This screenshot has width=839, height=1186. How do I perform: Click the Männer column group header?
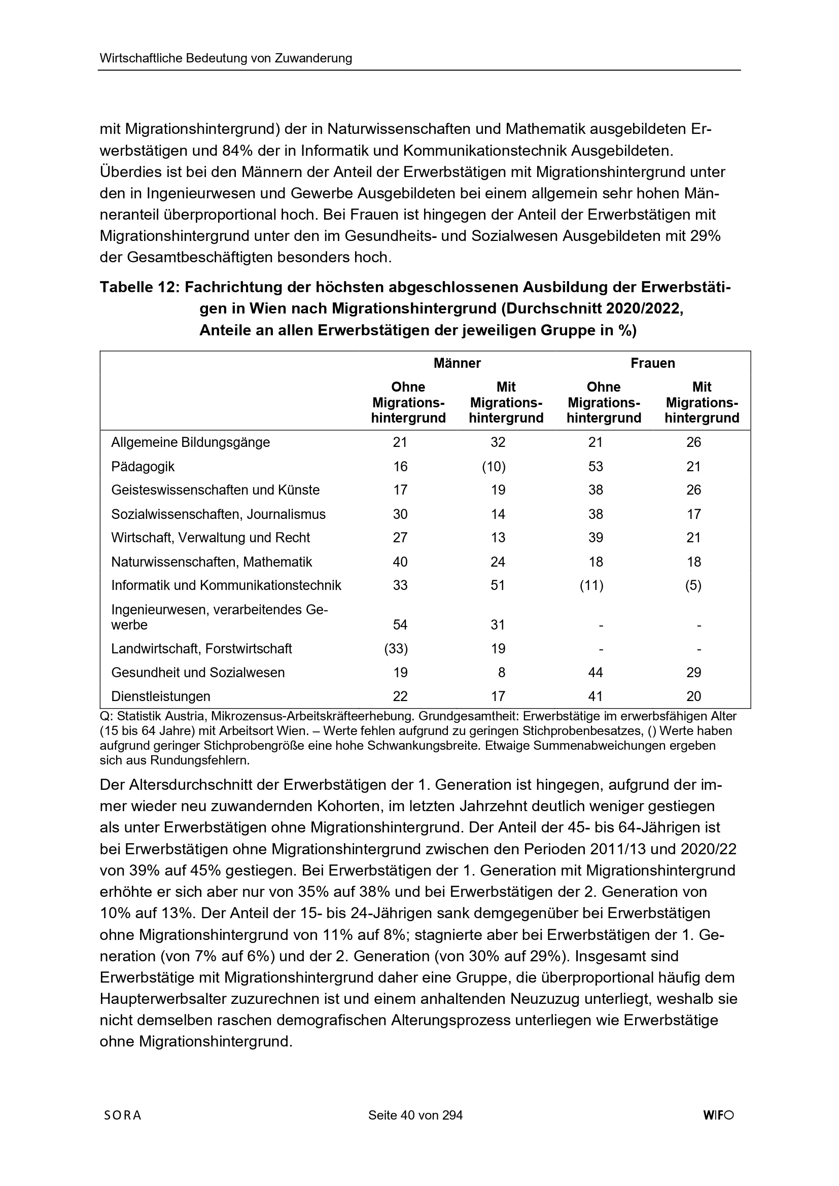pyautogui.click(x=457, y=363)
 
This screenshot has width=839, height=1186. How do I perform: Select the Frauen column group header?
pyautogui.click(x=652, y=363)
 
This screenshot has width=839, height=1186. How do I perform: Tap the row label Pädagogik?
pyautogui.click(x=143, y=467)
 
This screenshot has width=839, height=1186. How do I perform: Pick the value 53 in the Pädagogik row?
pyautogui.click(x=596, y=467)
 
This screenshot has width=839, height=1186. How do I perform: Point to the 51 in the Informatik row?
pyautogui.click(x=498, y=585)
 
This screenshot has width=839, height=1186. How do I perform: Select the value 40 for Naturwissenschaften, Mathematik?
pyautogui.click(x=400, y=562)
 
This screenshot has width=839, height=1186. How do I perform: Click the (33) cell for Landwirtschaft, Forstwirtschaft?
pyautogui.click(x=396, y=648)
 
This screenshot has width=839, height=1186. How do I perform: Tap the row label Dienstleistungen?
pyautogui.click(x=161, y=696)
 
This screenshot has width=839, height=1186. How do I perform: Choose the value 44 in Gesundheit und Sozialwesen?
pyautogui.click(x=596, y=672)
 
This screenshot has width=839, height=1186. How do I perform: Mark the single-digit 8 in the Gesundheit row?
pyautogui.click(x=502, y=672)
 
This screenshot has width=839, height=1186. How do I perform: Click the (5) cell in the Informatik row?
pyautogui.click(x=693, y=585)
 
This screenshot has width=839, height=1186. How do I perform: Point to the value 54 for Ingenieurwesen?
pyautogui.click(x=400, y=624)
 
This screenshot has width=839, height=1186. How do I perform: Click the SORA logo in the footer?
pyautogui.click(x=122, y=1130)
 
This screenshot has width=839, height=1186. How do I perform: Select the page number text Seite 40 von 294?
pyautogui.click(x=415, y=1130)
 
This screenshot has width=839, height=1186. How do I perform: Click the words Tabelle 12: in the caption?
pyautogui.click(x=139, y=287)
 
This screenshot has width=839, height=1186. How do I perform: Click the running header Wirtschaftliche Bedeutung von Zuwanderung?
pyautogui.click(x=226, y=58)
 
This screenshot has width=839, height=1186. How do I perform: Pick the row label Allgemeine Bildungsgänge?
pyautogui.click(x=191, y=442)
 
